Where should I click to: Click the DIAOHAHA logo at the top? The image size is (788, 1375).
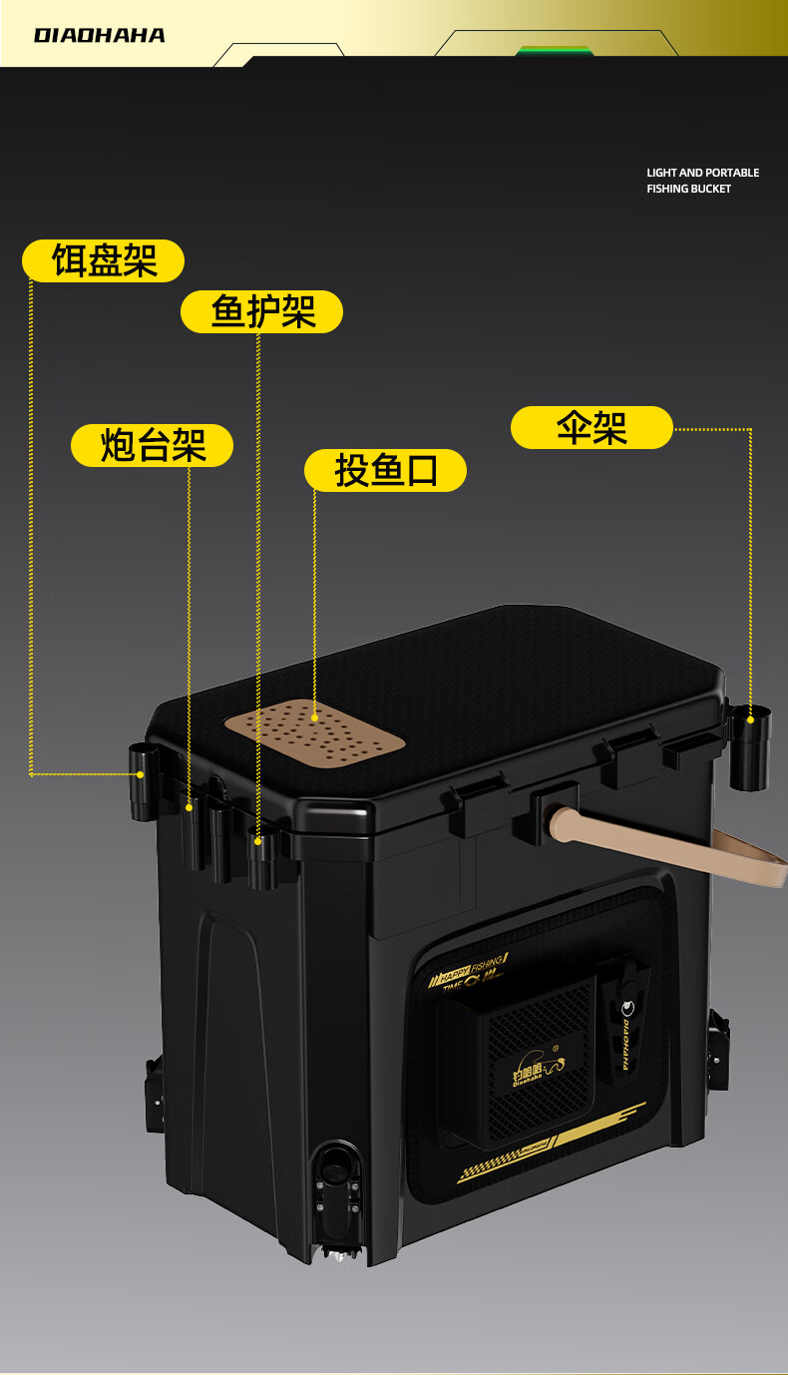coord(99,36)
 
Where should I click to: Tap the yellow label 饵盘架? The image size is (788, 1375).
coord(104,261)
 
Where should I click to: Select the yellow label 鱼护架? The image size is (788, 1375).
coord(261,312)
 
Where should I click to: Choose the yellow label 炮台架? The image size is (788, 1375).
coord(152,445)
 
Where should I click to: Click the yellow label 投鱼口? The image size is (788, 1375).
coord(385,470)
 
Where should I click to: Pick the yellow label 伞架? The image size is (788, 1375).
coord(591,427)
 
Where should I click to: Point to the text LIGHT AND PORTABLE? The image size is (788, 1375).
coord(702,173)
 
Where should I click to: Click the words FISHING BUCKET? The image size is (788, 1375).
coord(688,189)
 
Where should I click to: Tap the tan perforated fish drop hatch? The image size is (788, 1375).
coord(313,730)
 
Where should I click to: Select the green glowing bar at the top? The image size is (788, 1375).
coord(554,51)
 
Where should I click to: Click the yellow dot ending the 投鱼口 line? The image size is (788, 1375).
coord(315,716)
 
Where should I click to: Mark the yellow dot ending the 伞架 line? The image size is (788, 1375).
coord(750,717)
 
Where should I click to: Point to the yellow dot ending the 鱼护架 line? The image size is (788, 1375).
coord(257,842)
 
